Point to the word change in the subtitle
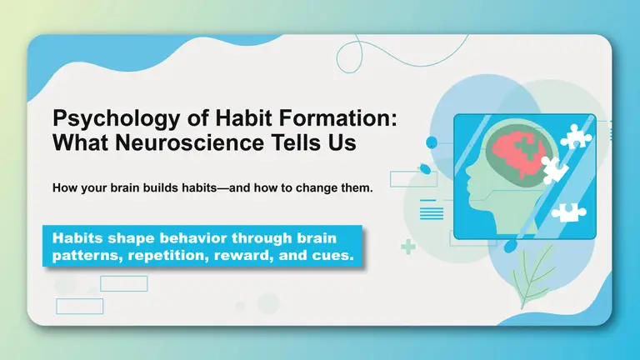[321, 188]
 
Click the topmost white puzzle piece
[574, 135]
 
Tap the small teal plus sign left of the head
[407, 247]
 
